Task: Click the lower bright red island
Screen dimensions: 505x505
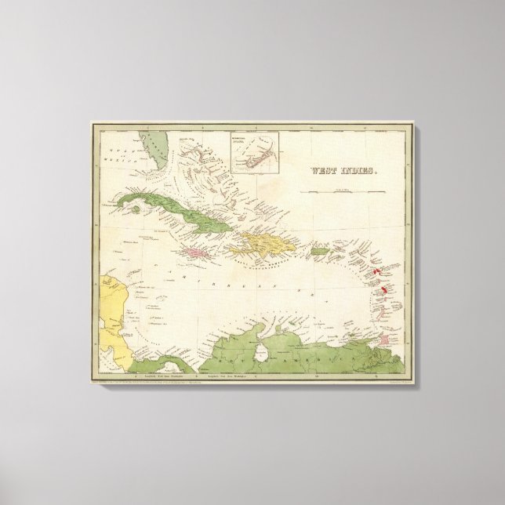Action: [383, 291]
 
